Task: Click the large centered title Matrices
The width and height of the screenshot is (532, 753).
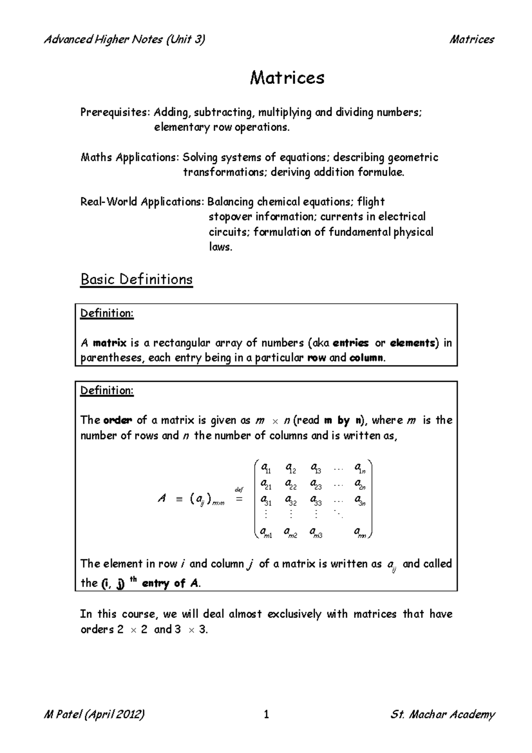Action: pos(287,78)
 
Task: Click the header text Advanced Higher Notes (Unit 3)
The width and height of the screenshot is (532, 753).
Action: pos(124,39)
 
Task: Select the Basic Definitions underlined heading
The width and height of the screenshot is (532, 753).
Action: pos(136,279)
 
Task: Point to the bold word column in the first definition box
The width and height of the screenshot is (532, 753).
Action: pos(367,358)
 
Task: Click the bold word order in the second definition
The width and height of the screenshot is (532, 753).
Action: pos(117,420)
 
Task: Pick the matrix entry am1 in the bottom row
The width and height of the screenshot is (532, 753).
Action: pos(266,532)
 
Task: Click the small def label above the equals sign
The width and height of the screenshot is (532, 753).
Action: pos(239,490)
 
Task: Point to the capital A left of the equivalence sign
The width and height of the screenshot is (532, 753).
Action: pos(162,499)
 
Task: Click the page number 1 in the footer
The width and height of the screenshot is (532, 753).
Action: pos(266,714)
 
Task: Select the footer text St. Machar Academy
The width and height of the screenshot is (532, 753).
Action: pos(442,714)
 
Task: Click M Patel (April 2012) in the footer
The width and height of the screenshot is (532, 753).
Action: pos(94,714)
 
